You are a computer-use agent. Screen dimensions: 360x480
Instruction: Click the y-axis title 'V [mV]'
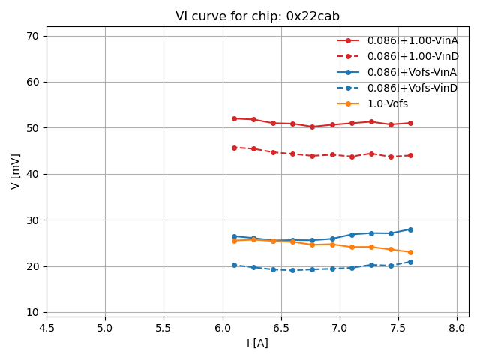tap(16, 172)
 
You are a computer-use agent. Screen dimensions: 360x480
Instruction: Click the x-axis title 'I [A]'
tap(257, 343)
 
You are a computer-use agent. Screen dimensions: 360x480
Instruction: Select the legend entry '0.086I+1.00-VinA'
tap(412, 40)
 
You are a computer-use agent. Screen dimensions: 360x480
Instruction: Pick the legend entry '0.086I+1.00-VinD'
tap(412, 56)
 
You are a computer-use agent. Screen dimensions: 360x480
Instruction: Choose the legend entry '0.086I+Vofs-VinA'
tap(412, 72)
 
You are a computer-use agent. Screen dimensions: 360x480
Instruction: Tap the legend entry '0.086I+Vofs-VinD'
tap(412, 88)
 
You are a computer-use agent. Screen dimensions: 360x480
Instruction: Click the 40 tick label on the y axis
tap(33, 174)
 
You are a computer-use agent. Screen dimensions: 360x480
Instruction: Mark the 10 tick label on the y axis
tap(33, 312)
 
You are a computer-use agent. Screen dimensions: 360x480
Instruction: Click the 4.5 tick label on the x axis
tap(46, 328)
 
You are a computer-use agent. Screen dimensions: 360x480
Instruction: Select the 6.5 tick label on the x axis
tap(281, 328)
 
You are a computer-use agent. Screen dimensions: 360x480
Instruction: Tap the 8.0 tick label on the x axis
tap(457, 328)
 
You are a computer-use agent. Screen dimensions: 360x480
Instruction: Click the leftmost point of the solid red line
tap(234, 118)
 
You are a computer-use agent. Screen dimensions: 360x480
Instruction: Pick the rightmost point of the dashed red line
tap(410, 156)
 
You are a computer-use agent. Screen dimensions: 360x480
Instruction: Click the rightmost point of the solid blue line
tap(410, 229)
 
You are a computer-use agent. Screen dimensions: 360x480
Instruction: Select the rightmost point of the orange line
tap(410, 252)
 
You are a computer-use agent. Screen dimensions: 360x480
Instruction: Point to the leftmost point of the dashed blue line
tap(234, 265)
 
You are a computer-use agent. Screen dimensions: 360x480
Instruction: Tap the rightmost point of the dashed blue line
tap(410, 262)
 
